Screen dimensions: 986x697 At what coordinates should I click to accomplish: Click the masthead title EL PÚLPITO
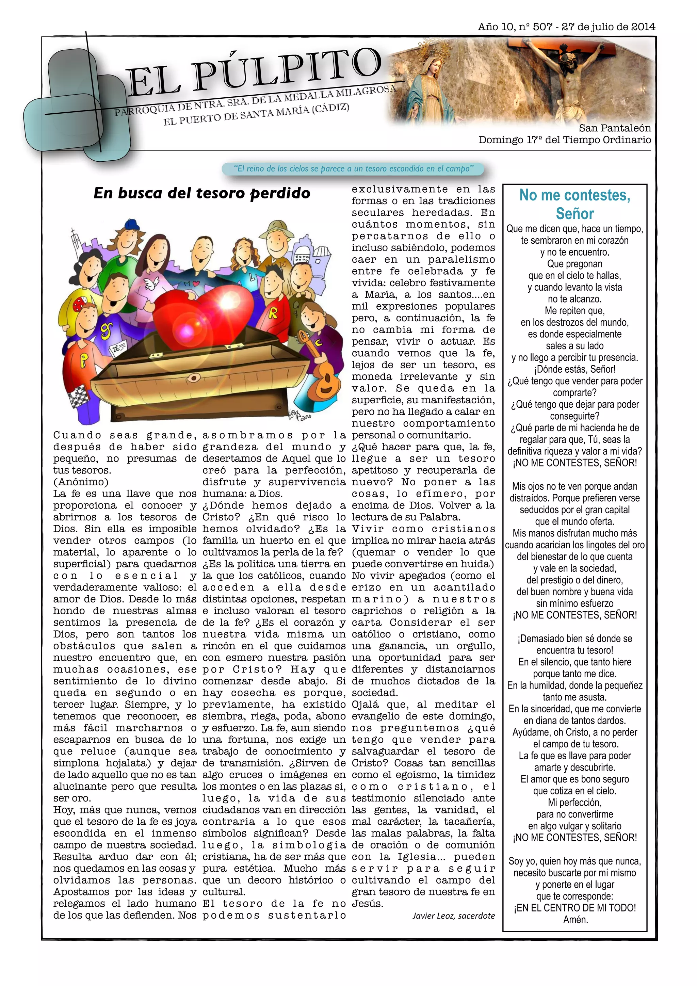pyautogui.click(x=253, y=72)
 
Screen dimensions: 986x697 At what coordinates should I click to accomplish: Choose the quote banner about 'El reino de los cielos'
pyautogui.click(x=353, y=169)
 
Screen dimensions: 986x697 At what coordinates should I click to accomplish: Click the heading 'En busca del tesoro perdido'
pyautogui.click(x=202, y=193)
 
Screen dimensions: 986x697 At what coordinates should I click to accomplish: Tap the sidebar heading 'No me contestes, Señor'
pyautogui.click(x=574, y=204)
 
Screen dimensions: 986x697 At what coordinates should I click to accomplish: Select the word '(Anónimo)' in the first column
pyautogui.click(x=81, y=482)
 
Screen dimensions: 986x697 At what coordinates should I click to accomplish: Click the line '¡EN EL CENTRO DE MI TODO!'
pyautogui.click(x=574, y=908)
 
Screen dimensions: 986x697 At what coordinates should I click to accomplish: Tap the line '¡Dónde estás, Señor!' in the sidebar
pyautogui.click(x=574, y=369)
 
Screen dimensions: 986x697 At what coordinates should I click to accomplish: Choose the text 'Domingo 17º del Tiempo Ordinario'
pyautogui.click(x=564, y=140)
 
